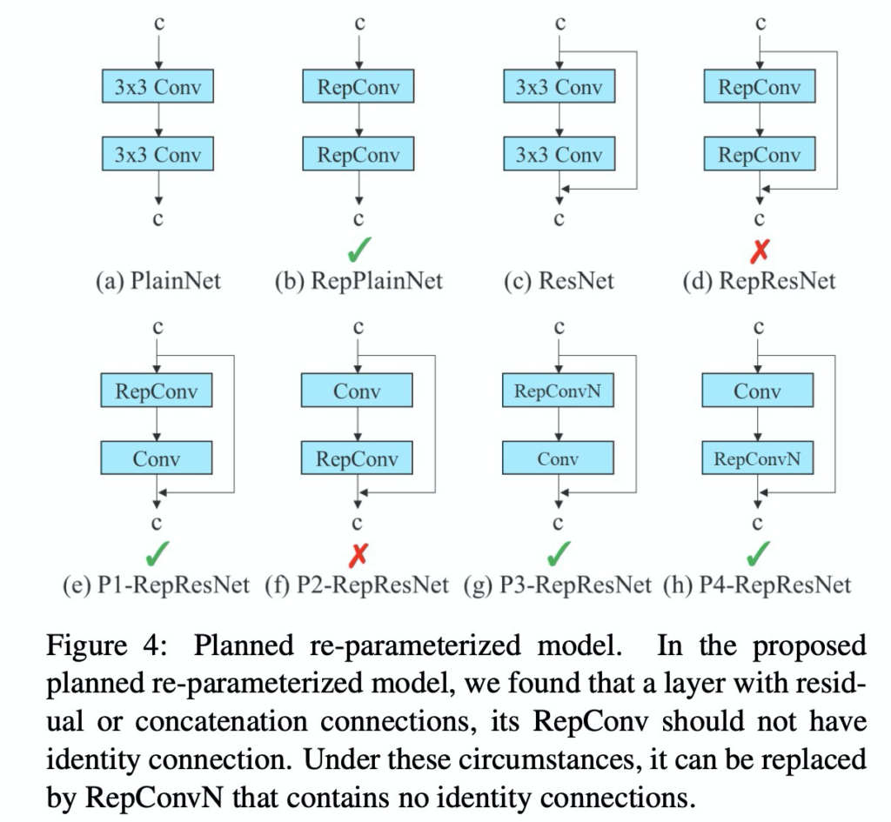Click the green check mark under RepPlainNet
pos(357,251)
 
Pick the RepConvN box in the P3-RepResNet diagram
pos(558,391)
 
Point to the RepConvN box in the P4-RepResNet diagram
pos(758,458)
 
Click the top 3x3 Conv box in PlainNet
pos(157,88)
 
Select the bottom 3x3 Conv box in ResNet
pos(559,154)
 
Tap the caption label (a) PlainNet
pos(157,282)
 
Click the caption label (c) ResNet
pos(559,282)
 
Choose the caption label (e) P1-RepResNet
pos(157,585)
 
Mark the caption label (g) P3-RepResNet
pos(558,585)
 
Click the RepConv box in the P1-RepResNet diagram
pos(157,391)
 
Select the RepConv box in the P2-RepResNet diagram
pos(357,458)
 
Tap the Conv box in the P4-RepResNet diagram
pos(758,391)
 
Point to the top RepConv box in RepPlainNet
pos(358,88)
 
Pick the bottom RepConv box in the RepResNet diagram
pos(760,154)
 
